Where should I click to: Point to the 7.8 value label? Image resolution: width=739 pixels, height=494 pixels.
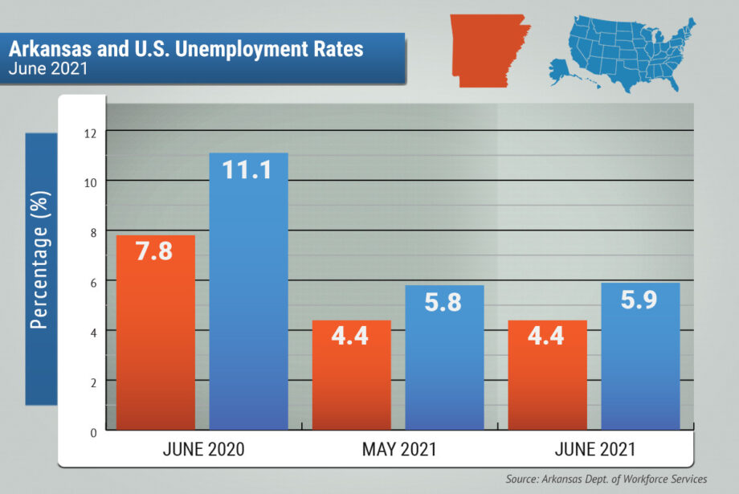tap(155, 251)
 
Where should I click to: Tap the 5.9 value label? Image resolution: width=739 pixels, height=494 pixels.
tap(640, 300)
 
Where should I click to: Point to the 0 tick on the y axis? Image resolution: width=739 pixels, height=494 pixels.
tap(93, 431)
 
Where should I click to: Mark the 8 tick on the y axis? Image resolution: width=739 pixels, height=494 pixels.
tap(93, 231)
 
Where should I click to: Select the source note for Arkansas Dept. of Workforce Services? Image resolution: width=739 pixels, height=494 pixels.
tap(606, 479)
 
